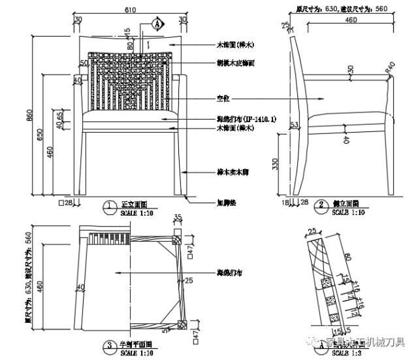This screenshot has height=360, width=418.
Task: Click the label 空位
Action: click(224, 98)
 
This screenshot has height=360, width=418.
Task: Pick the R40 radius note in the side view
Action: click(391, 66)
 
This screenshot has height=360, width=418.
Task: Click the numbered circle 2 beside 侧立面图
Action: click(321, 205)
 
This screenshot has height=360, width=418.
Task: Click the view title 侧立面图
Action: click(346, 204)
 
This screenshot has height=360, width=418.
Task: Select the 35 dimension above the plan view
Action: click(176, 218)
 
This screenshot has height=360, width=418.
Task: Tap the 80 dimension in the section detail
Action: click(346, 256)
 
